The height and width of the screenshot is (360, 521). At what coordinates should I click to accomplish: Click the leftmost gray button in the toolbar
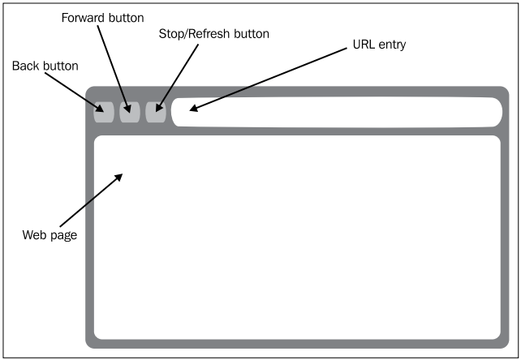(x=104, y=112)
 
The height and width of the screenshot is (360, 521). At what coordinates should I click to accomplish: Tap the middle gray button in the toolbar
(x=130, y=112)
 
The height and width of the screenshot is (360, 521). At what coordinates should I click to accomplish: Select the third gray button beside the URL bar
(x=156, y=112)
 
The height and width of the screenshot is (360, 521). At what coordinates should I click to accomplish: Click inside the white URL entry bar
(x=341, y=112)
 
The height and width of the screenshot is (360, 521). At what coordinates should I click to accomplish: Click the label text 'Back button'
(x=45, y=66)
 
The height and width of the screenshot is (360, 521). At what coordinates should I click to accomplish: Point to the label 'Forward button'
(x=102, y=17)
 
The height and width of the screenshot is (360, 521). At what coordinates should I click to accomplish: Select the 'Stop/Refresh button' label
(x=214, y=34)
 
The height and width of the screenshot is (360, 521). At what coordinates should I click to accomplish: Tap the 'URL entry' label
(x=380, y=44)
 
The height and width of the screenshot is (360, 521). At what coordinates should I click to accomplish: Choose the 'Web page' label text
(x=50, y=236)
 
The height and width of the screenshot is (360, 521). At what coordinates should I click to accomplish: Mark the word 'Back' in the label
(x=24, y=66)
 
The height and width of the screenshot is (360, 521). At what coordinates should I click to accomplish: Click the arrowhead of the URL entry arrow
(x=193, y=107)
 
